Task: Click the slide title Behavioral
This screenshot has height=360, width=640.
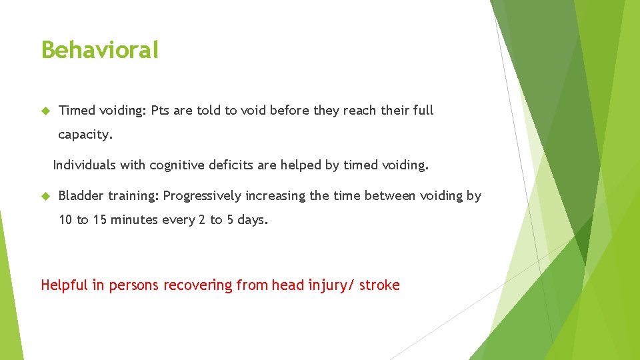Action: click(x=100, y=50)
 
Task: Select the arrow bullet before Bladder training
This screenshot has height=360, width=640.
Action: click(x=45, y=196)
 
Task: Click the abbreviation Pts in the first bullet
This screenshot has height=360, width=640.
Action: click(x=160, y=111)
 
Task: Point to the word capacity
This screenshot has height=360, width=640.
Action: click(x=85, y=135)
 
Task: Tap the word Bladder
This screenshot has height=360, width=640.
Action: click(x=81, y=196)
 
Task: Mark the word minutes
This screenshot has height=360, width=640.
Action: click(x=137, y=221)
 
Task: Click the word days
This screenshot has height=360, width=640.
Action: click(x=252, y=221)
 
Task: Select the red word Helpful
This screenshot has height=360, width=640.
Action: click(x=64, y=286)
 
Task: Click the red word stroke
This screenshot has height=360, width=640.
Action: click(x=379, y=286)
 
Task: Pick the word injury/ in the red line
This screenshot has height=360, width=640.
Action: click(x=331, y=286)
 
